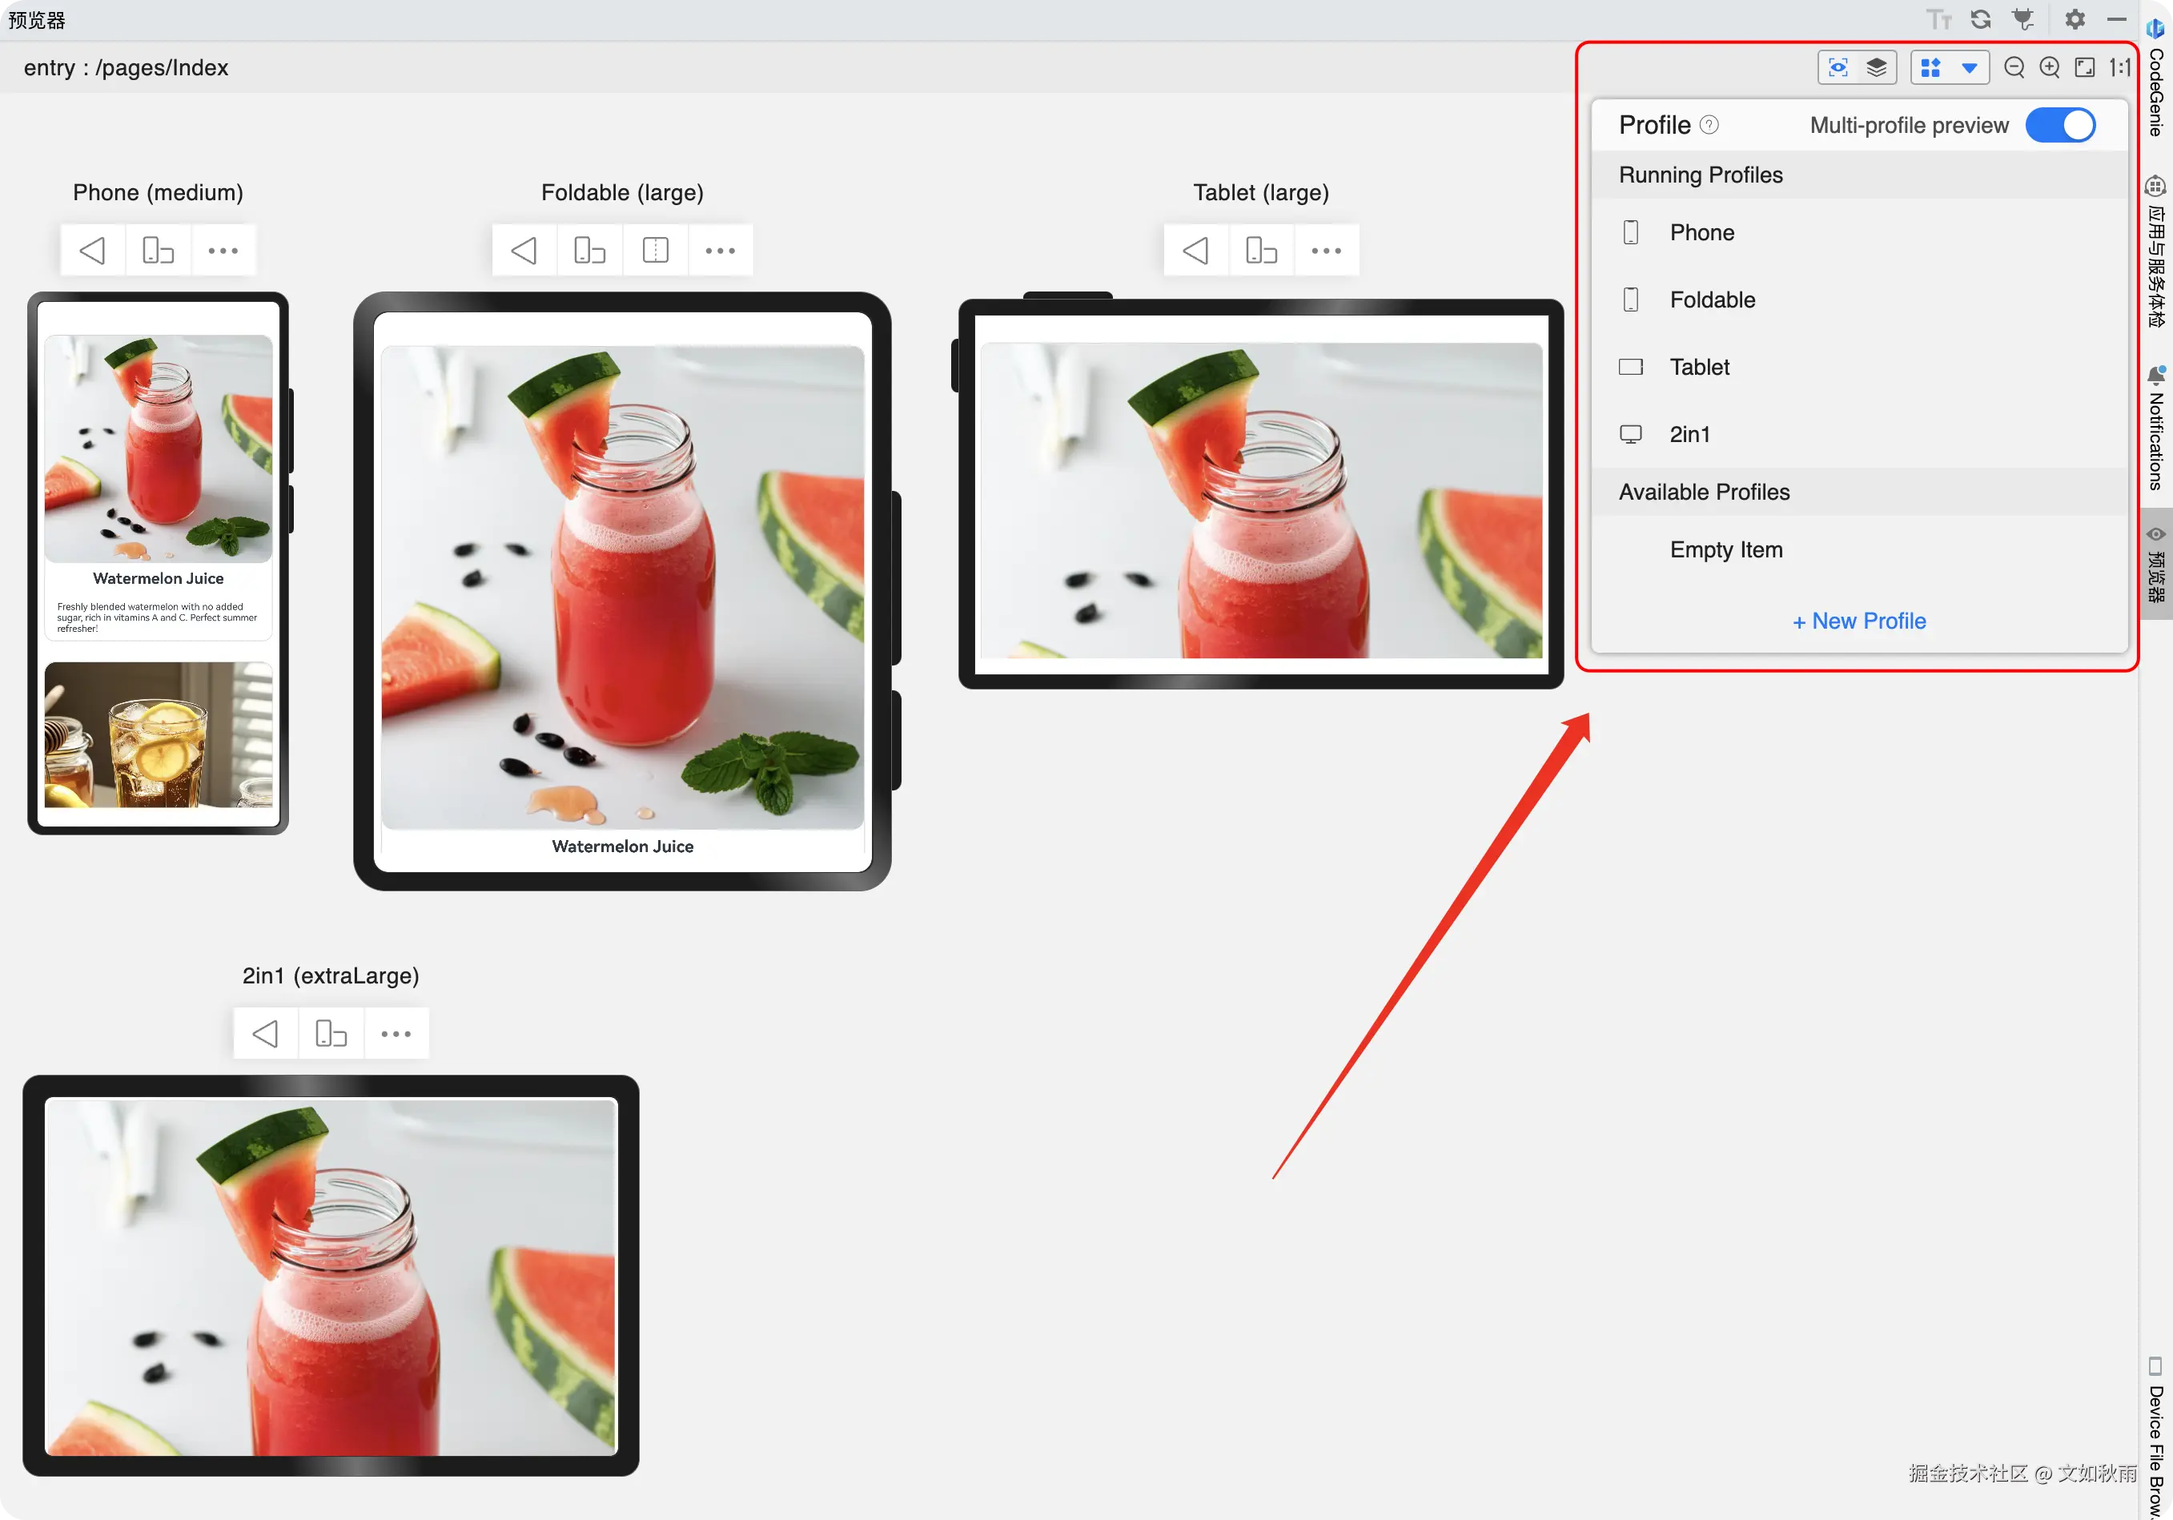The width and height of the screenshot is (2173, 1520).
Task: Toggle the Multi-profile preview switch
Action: [x=2059, y=125]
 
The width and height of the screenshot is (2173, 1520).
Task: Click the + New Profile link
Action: [x=1859, y=621]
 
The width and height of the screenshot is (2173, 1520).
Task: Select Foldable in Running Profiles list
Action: [x=1712, y=300]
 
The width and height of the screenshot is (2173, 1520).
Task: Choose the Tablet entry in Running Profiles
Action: [x=1699, y=368]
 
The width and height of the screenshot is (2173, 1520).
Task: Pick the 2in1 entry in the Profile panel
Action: [x=1689, y=434]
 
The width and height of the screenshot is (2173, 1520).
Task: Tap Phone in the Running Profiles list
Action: [x=1701, y=233]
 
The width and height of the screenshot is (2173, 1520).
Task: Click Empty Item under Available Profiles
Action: [x=1725, y=550]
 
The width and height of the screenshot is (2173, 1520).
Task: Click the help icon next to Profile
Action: [x=1709, y=125]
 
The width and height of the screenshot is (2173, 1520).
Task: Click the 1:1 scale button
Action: [x=2119, y=67]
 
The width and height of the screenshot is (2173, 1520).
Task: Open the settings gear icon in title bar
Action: [x=2075, y=19]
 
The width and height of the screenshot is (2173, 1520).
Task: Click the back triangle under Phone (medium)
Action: [x=93, y=251]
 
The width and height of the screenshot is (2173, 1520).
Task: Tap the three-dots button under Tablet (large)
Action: [x=1326, y=251]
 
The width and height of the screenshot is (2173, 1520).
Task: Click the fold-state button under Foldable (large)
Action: [x=655, y=251]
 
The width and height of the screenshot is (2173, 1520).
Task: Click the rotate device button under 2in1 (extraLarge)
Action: [x=331, y=1034]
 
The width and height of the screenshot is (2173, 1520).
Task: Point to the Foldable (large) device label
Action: [x=622, y=193]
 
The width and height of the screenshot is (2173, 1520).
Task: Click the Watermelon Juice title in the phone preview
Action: [x=158, y=578]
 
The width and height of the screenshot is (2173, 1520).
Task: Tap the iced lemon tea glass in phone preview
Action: [x=158, y=753]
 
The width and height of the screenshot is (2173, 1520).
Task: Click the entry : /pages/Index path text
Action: [x=126, y=68]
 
